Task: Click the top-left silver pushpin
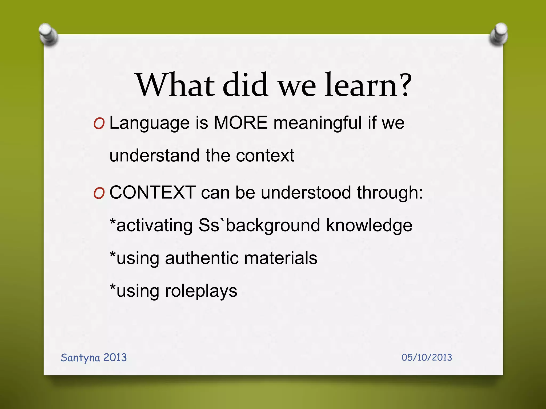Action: (x=48, y=35)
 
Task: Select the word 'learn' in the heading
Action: (x=361, y=85)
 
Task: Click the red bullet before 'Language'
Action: (x=99, y=124)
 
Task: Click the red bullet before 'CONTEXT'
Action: (x=99, y=194)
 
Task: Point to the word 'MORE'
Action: (x=241, y=123)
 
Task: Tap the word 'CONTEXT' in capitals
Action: (x=152, y=193)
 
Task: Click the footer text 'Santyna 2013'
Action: (x=94, y=358)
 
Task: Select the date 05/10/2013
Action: (x=427, y=357)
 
